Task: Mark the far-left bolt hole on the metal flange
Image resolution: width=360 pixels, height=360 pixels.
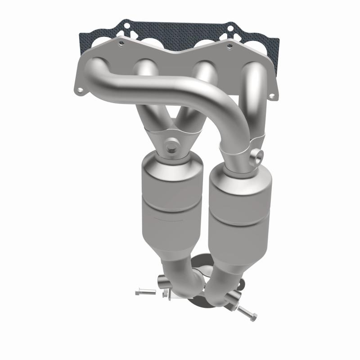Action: [x=80, y=90]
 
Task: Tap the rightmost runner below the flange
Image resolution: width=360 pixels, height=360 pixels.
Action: [x=255, y=90]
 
